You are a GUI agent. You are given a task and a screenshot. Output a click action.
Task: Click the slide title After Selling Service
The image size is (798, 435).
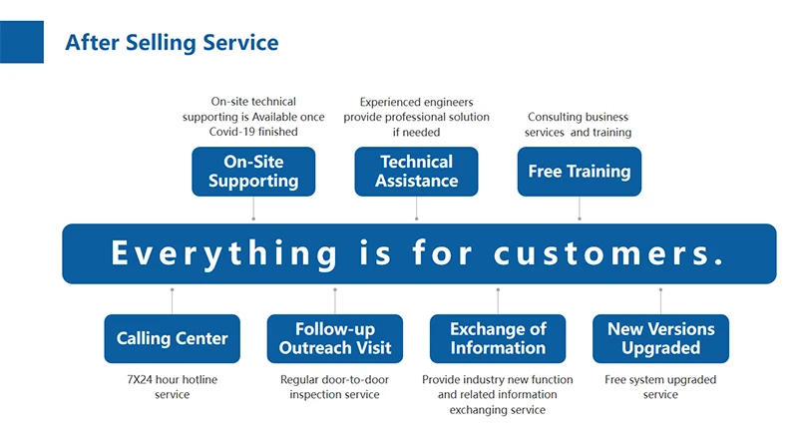[x=172, y=43]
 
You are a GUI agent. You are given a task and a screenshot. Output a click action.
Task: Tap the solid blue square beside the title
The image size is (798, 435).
[x=22, y=42]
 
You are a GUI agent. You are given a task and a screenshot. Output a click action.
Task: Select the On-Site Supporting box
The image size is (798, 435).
[x=253, y=172]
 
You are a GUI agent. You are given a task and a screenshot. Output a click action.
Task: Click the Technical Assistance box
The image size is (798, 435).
[x=416, y=172]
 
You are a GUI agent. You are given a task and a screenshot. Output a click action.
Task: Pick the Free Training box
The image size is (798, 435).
[x=580, y=172]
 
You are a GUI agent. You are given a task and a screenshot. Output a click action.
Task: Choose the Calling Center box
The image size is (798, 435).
[x=172, y=339]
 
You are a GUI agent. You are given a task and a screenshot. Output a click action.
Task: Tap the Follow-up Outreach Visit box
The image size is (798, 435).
[x=335, y=339]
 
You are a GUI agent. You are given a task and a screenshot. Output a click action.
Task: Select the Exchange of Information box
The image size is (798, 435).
[x=498, y=339]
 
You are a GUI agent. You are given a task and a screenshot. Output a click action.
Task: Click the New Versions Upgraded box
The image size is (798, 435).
[x=660, y=339]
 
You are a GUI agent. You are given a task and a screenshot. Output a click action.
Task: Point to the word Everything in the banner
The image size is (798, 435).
[x=224, y=253]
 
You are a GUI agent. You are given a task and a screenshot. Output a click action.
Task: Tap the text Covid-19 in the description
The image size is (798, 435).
[x=228, y=132]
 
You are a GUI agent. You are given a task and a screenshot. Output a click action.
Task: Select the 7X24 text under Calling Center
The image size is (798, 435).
[x=139, y=379]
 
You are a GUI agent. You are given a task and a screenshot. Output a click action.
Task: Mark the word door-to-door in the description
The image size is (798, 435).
[x=355, y=379]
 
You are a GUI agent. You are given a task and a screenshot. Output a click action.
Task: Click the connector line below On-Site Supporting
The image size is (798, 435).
[x=253, y=208]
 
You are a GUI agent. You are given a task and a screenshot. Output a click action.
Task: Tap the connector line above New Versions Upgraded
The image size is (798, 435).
[x=660, y=301]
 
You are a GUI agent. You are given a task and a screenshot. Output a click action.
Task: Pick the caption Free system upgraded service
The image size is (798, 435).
[x=660, y=387]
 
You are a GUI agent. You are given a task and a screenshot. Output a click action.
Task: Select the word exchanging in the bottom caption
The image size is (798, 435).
[x=473, y=410]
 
